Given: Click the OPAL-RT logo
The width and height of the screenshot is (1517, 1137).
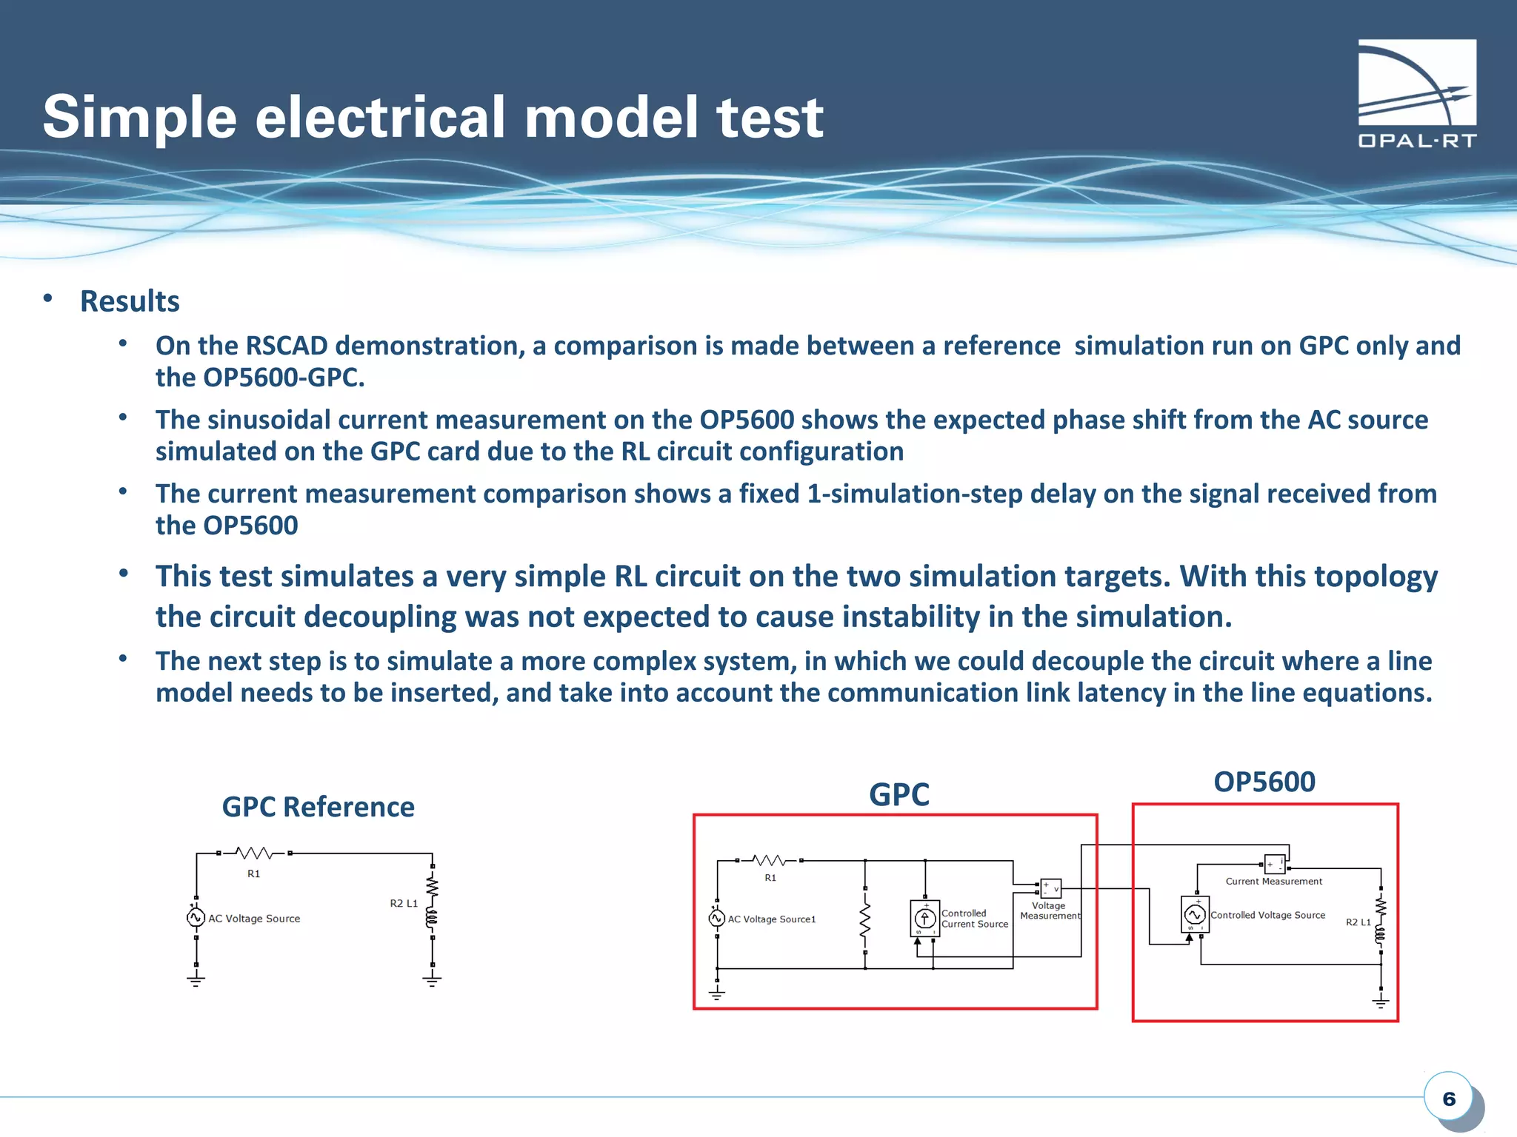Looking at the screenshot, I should (1416, 93).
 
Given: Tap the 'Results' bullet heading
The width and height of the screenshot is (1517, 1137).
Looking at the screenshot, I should (130, 301).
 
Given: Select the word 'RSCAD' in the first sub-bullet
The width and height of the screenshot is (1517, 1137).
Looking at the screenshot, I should (286, 346).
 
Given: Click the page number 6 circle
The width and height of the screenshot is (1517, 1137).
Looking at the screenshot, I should (1448, 1099).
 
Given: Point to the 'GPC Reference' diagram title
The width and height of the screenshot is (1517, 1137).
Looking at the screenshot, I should (318, 807).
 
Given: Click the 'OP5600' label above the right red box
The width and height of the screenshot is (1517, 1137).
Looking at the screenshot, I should (1264, 782).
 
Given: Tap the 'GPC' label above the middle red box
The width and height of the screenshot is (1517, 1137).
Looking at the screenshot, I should (898, 794).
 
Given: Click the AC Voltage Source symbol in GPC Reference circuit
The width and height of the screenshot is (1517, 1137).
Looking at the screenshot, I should (196, 918).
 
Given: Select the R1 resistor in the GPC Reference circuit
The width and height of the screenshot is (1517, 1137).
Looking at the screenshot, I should (254, 853).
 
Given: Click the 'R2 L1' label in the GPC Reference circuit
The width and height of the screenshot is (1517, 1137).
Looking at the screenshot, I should (404, 903).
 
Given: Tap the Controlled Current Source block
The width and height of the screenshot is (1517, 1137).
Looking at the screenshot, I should (924, 919).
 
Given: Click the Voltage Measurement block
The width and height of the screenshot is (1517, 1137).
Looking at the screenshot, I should (1050, 888).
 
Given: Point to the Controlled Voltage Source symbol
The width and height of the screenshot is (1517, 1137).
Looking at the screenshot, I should (1194, 915).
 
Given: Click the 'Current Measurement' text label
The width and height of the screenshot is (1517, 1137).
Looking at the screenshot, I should (1273, 881).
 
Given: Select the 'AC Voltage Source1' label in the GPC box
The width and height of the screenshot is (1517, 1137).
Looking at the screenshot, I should (771, 919).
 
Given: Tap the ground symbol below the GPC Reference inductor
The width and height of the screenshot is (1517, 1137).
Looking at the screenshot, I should (432, 980).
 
